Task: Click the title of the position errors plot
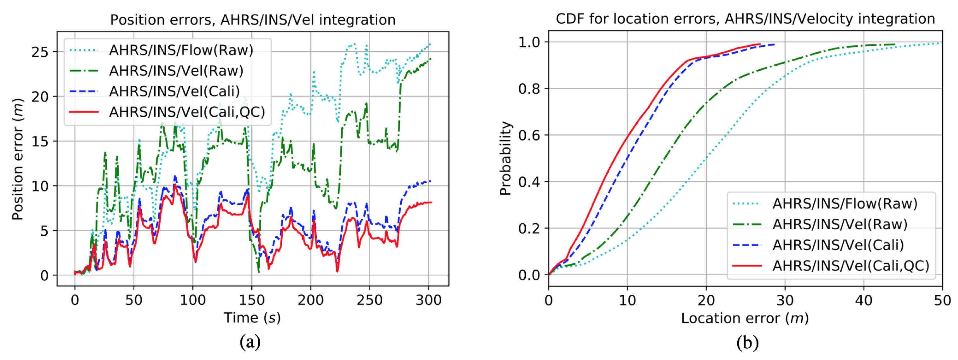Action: pyautogui.click(x=253, y=20)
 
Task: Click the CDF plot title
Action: pyautogui.click(x=745, y=19)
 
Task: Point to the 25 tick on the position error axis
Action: pyautogui.click(x=40, y=52)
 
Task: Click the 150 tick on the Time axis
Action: pyautogui.click(x=252, y=300)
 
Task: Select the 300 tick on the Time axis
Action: pyautogui.click(x=428, y=300)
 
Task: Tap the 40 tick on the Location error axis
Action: pyautogui.click(x=864, y=300)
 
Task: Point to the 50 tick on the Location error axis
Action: pyautogui.click(x=942, y=300)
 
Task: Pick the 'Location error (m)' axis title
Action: pyautogui.click(x=745, y=318)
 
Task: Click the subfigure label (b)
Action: pyautogui.click(x=747, y=342)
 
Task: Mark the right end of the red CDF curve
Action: pyautogui.click(x=760, y=44)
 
